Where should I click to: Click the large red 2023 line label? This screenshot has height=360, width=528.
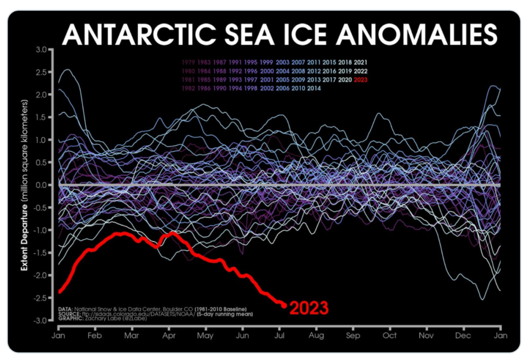point(309,308)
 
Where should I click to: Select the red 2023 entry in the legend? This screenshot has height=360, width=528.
point(361,79)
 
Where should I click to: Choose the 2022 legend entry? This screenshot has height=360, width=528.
point(361,71)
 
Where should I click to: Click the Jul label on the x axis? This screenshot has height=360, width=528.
point(279,336)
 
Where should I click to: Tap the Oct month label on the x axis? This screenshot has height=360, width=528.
point(389,336)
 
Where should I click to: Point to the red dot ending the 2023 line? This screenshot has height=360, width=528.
point(284,305)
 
